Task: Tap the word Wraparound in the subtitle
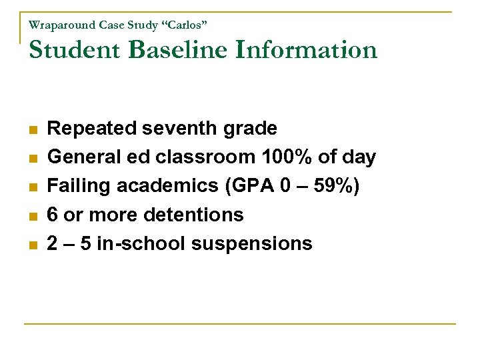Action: (x=62, y=25)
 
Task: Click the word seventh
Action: (x=176, y=128)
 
